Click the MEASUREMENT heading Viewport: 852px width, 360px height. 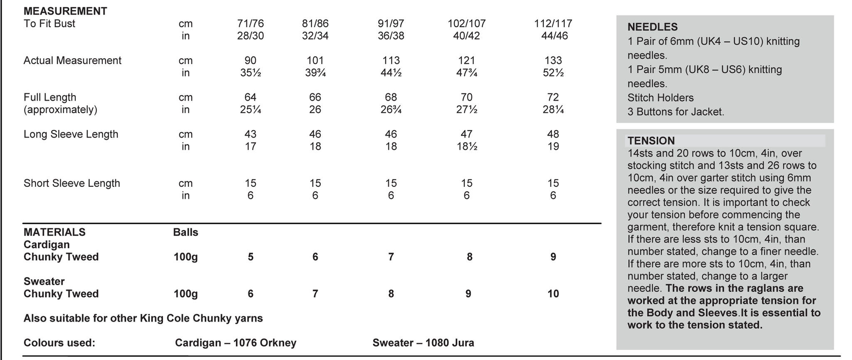[x=65, y=11]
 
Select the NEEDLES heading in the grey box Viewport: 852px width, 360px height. [x=652, y=27]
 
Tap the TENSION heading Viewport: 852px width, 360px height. [x=651, y=141]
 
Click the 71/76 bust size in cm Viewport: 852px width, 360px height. [x=250, y=24]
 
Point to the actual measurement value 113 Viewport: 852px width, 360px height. [x=391, y=60]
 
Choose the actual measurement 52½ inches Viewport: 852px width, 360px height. [x=553, y=73]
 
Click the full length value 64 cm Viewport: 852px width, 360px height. [x=250, y=97]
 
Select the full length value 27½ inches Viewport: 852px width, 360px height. [x=467, y=110]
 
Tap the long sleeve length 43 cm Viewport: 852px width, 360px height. [x=250, y=134]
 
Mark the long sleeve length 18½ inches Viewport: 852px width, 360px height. [x=467, y=146]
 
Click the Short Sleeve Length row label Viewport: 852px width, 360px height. [x=72, y=184]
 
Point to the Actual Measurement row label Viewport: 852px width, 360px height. [x=72, y=60]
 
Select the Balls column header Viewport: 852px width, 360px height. [x=186, y=232]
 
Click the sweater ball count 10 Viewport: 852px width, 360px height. [x=553, y=294]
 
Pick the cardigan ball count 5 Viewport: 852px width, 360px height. [x=250, y=257]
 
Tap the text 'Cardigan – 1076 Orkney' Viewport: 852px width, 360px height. [x=235, y=343]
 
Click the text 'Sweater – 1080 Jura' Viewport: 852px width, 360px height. [x=423, y=343]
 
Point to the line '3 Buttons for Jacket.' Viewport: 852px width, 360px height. [x=676, y=112]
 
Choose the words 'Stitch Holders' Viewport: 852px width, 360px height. [x=661, y=98]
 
